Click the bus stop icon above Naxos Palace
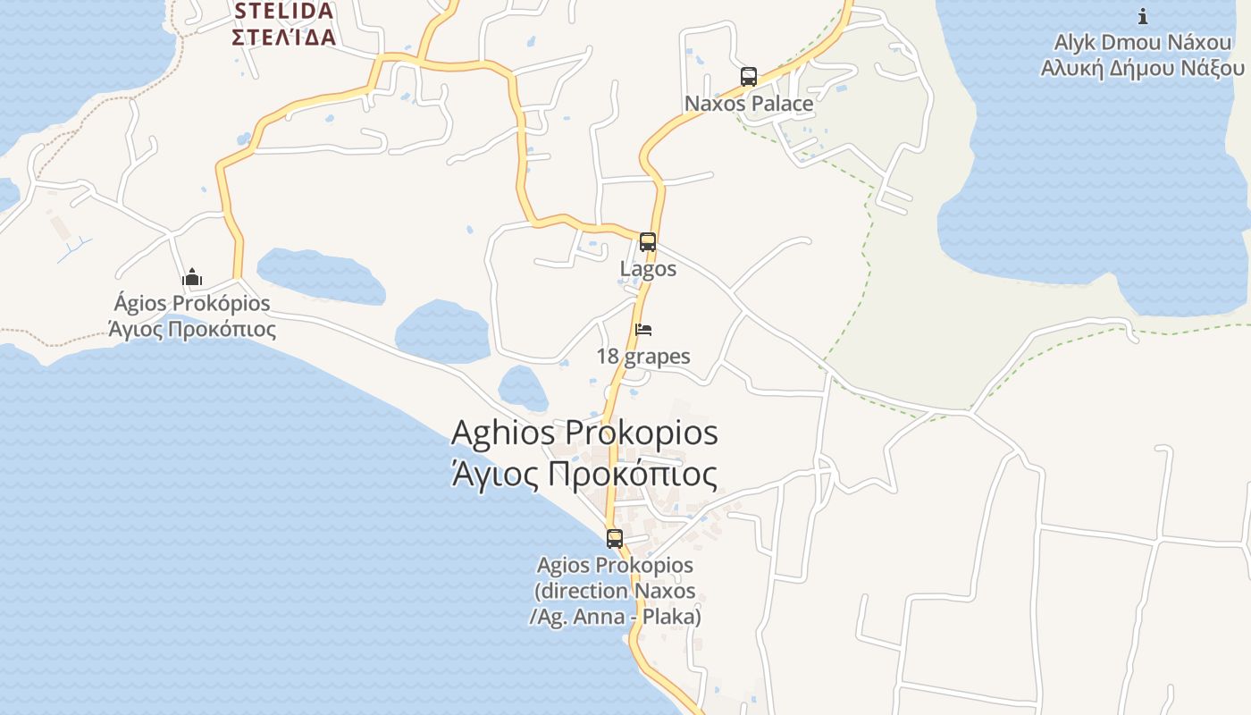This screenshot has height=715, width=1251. pyautogui.click(x=749, y=77)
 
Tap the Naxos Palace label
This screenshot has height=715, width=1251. pyautogui.click(x=749, y=104)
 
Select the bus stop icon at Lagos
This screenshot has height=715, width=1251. pyautogui.click(x=648, y=242)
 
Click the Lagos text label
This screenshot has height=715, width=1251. pyautogui.click(x=648, y=269)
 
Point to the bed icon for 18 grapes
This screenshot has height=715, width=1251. pyautogui.click(x=643, y=330)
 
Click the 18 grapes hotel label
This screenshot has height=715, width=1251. pyautogui.click(x=643, y=357)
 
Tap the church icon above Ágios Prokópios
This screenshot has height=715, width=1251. pyautogui.click(x=192, y=278)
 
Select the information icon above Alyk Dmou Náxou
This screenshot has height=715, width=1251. pyautogui.click(x=1142, y=16)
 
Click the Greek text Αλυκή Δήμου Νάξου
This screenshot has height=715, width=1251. pyautogui.click(x=1142, y=69)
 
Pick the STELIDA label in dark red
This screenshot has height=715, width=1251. pyautogui.click(x=283, y=12)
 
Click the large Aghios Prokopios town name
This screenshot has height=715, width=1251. pyautogui.click(x=584, y=433)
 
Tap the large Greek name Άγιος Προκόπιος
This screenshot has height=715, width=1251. pyautogui.click(x=584, y=474)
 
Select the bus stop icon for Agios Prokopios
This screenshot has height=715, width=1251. pyautogui.click(x=615, y=539)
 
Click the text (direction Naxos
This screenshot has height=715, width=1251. pyautogui.click(x=615, y=592)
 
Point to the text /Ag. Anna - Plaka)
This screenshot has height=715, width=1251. pyautogui.click(x=615, y=617)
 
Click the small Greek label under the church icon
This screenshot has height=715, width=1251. pyautogui.click(x=192, y=330)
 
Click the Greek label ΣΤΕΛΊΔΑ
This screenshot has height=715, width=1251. pyautogui.click(x=283, y=38)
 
